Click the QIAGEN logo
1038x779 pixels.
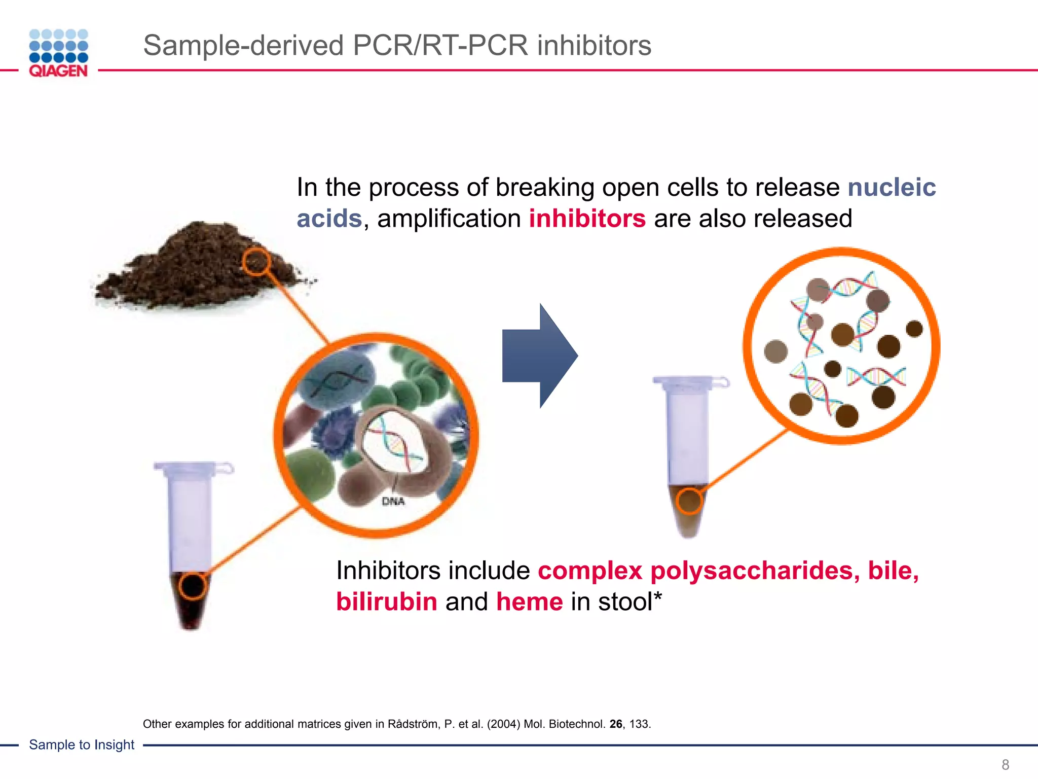58,53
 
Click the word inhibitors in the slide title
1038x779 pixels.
594,46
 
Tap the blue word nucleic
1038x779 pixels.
892,187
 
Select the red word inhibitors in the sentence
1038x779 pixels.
587,219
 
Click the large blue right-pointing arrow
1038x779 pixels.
539,356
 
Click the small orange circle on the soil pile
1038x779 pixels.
255,262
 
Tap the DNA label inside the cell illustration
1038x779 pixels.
393,502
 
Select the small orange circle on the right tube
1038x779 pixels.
689,501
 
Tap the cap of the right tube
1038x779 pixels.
690,381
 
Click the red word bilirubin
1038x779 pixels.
386,602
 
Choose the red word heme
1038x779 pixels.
529,602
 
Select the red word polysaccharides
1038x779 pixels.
755,571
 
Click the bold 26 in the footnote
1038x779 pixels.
616,724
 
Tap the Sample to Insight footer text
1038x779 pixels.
82,745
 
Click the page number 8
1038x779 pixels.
1005,764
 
